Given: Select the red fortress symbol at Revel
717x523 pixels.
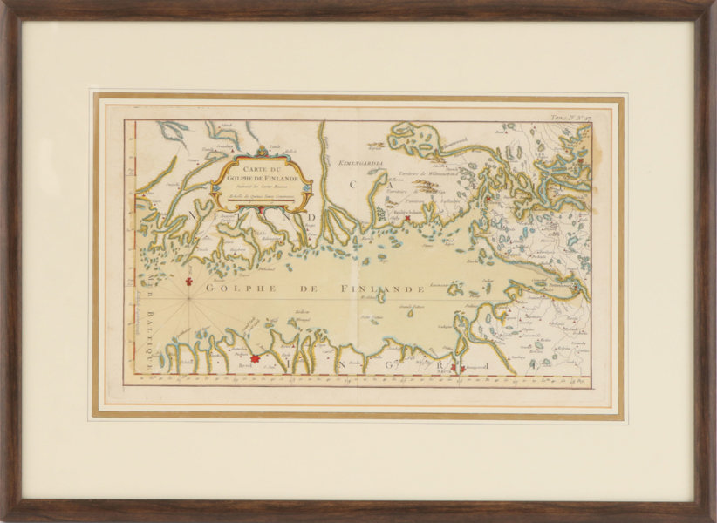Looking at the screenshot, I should [256, 357].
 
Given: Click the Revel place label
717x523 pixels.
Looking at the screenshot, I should [245, 368].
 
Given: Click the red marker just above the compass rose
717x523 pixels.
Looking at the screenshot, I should [190, 281].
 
